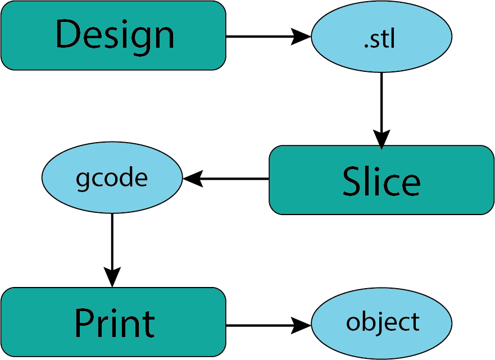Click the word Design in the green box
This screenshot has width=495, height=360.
click(x=115, y=35)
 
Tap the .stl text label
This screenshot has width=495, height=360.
click(x=380, y=39)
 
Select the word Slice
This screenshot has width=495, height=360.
click(x=381, y=181)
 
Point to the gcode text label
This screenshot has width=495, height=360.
click(x=112, y=178)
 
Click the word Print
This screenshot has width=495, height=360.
click(x=114, y=323)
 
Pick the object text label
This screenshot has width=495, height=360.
click(x=382, y=322)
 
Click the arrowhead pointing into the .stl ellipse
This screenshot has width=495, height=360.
click(x=302, y=37)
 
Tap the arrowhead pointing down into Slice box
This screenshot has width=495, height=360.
click(x=382, y=140)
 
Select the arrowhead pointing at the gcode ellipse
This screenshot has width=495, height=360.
click(x=192, y=179)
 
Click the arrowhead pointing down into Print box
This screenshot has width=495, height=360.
click(x=112, y=277)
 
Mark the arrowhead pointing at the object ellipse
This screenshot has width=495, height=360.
click(x=302, y=325)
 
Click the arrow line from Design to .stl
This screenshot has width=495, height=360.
click(x=258, y=37)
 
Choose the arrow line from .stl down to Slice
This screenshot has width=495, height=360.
click(x=382, y=101)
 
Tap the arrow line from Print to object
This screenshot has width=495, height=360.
click(x=258, y=325)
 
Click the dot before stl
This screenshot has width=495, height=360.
click(x=366, y=47)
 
